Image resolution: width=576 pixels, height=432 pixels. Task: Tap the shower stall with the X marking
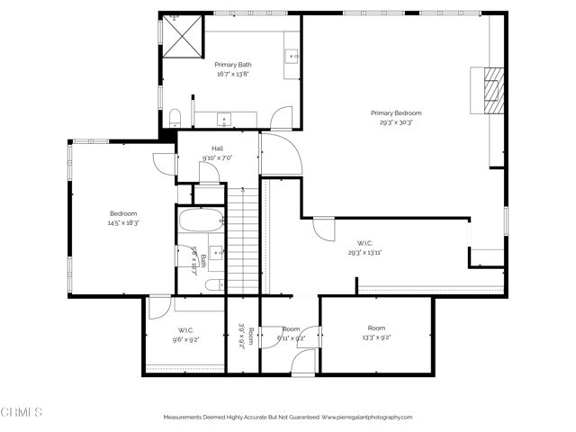(184, 36)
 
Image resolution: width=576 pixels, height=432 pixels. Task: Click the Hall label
(217, 148)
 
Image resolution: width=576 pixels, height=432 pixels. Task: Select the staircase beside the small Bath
(242, 238)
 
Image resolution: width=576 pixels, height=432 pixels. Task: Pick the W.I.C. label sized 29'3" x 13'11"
(364, 243)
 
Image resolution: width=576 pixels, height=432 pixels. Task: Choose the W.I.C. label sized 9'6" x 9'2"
(186, 329)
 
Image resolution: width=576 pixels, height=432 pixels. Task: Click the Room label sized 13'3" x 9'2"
(376, 328)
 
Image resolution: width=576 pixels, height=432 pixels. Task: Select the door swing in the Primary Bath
(283, 118)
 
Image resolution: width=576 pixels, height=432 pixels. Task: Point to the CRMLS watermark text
(22, 412)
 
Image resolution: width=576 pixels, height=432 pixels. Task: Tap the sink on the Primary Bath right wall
(292, 57)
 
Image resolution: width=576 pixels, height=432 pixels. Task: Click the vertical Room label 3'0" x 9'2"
(241, 335)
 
